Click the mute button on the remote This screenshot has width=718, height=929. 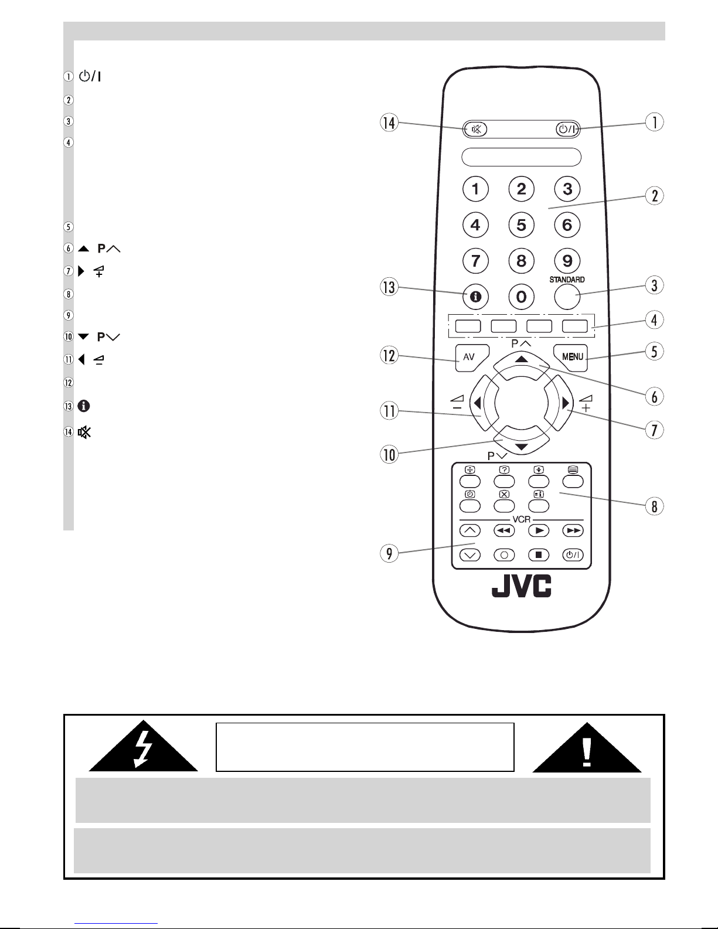(x=475, y=129)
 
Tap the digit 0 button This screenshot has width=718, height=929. (x=522, y=296)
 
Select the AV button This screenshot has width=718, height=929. (x=471, y=358)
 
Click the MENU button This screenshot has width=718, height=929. (x=571, y=358)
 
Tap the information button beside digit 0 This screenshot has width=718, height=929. (x=475, y=296)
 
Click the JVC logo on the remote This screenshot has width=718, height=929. (x=522, y=586)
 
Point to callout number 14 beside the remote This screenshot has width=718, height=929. (x=389, y=123)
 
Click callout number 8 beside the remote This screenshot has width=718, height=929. (x=654, y=506)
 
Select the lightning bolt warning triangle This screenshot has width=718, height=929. (x=143, y=747)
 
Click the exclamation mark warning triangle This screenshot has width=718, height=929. (x=587, y=748)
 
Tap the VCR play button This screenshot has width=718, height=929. (x=539, y=530)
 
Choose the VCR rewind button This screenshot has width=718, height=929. (x=504, y=530)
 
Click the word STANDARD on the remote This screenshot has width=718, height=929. (x=567, y=280)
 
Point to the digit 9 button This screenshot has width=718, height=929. (x=567, y=260)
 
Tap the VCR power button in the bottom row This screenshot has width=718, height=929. (x=573, y=555)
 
